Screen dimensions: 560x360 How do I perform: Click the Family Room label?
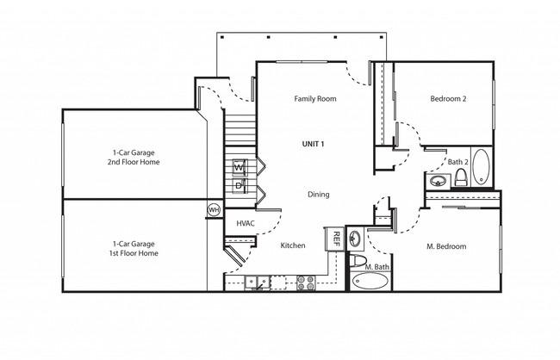(x=315, y=98)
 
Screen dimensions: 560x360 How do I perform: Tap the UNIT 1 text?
(x=313, y=144)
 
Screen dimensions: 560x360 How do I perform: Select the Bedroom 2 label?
(x=448, y=98)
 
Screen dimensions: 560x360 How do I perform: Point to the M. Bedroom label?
(x=446, y=246)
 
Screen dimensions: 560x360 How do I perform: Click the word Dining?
(x=318, y=195)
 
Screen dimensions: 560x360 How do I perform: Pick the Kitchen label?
(x=293, y=245)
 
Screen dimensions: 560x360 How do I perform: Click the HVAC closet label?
(x=246, y=224)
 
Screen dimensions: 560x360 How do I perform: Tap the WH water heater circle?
(x=214, y=209)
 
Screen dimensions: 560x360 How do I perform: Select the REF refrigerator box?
(x=335, y=239)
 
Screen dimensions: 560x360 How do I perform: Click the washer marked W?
(x=240, y=167)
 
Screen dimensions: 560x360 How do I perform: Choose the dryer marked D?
(x=239, y=186)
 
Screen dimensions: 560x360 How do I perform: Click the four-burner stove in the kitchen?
(x=306, y=282)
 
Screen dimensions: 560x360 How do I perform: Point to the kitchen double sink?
(x=257, y=282)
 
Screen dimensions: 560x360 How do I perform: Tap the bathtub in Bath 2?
(x=481, y=166)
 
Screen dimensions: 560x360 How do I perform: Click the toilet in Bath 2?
(x=461, y=177)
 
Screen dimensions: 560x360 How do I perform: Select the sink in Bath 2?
(x=437, y=181)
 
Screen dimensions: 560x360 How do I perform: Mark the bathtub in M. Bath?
(x=370, y=282)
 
